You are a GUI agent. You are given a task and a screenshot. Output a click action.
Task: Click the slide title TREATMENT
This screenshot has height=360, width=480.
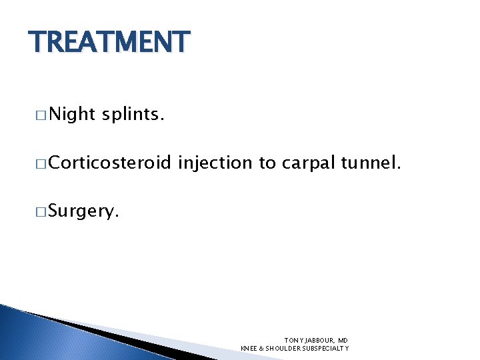(110, 42)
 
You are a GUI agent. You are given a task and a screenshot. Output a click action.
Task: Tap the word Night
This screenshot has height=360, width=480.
(73, 114)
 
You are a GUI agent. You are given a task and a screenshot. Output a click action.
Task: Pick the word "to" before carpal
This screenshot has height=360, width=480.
(267, 163)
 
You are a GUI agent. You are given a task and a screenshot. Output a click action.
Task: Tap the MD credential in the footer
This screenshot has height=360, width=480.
(343, 340)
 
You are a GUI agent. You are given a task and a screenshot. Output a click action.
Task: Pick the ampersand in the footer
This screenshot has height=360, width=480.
(262, 348)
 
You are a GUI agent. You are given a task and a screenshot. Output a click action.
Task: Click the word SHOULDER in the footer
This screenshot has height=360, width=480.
(283, 348)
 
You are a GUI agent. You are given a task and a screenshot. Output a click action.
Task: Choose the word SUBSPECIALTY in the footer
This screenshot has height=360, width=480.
(327, 348)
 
